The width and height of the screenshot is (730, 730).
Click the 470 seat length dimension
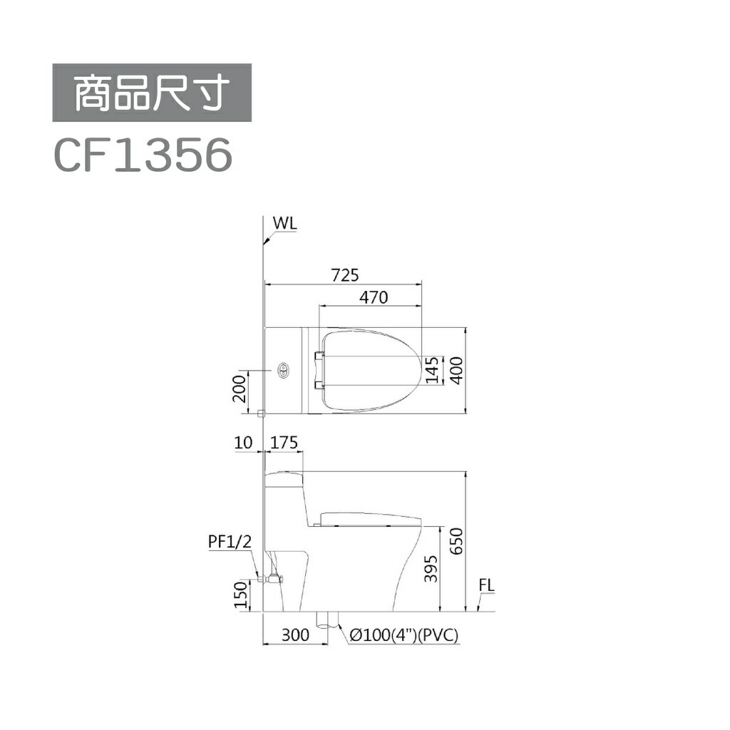coord(374,297)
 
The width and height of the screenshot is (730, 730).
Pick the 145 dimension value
coord(431,369)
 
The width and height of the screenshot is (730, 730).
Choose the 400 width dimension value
coord(456,369)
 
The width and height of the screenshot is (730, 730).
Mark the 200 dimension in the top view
coord(241,389)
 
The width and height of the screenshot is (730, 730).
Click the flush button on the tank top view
coord(283,370)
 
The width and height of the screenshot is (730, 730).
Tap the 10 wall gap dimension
coord(243,443)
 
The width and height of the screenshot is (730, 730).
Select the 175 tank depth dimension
coord(284,443)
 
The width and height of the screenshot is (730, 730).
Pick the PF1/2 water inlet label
coord(230,542)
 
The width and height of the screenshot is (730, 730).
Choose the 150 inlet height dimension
coord(241,595)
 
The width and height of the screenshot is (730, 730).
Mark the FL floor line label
coord(487,585)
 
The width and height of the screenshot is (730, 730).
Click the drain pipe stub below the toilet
coord(327,620)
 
